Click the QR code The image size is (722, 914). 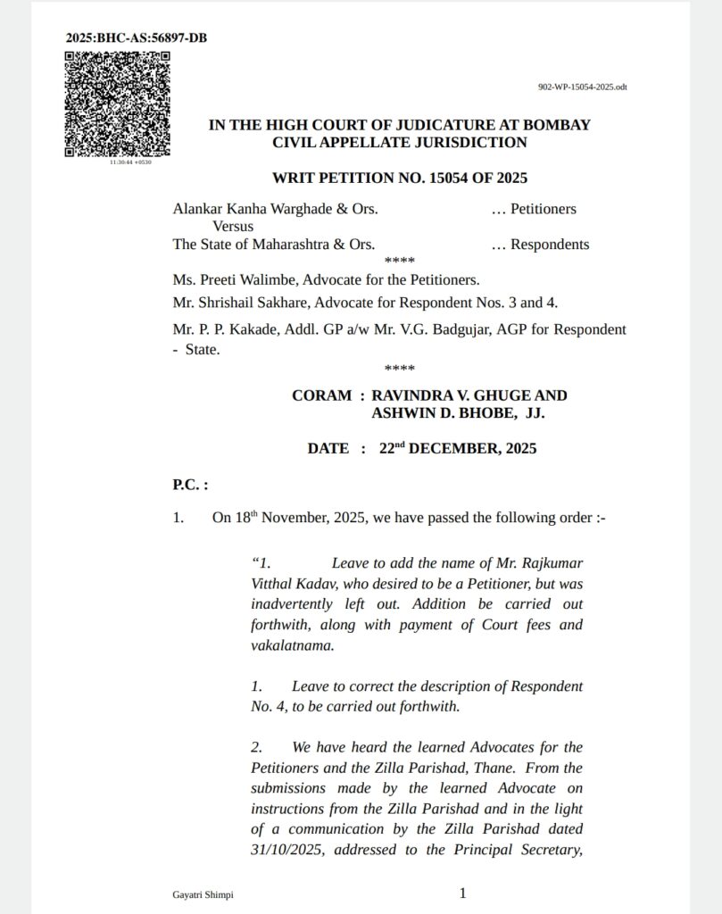pyautogui.click(x=117, y=104)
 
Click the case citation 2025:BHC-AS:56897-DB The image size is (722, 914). pyautogui.click(x=137, y=37)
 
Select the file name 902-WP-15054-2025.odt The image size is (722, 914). pyautogui.click(x=582, y=87)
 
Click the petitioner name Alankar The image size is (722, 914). pyautogui.click(x=198, y=209)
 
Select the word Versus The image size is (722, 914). pyautogui.click(x=233, y=227)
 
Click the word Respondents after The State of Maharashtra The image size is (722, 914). pyautogui.click(x=549, y=245)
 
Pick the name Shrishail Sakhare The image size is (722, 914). pyautogui.click(x=252, y=303)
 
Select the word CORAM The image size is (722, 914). pyautogui.click(x=321, y=395)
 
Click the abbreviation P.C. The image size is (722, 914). pyautogui.click(x=189, y=485)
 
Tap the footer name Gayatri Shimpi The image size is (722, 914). pyautogui.click(x=203, y=894)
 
